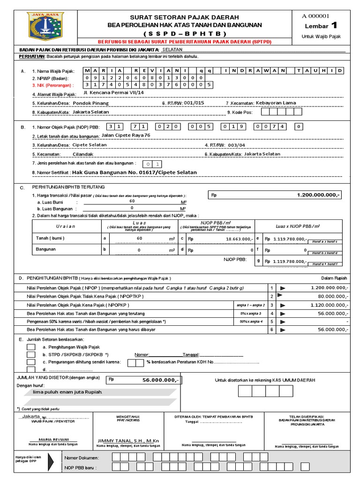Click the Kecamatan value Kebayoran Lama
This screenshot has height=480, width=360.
[x=275, y=102]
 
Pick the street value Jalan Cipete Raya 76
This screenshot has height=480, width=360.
[x=126, y=135]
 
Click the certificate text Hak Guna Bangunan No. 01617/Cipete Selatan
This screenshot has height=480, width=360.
[x=135, y=172]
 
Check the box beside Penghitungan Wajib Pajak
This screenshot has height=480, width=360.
[x=31, y=347]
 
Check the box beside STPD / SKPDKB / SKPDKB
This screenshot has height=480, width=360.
[x=31, y=355]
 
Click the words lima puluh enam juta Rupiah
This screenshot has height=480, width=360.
[x=67, y=392]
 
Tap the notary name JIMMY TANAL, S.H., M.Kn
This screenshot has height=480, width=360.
[x=128, y=441]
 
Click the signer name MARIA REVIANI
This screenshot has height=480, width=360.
[x=45, y=439]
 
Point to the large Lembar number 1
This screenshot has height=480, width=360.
[x=334, y=25]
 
